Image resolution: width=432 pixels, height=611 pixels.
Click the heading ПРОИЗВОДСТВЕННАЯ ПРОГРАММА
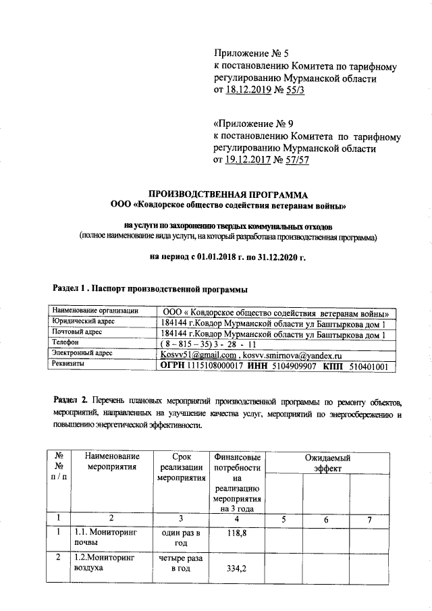(223, 193)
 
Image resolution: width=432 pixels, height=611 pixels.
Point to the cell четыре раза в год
(180, 564)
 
